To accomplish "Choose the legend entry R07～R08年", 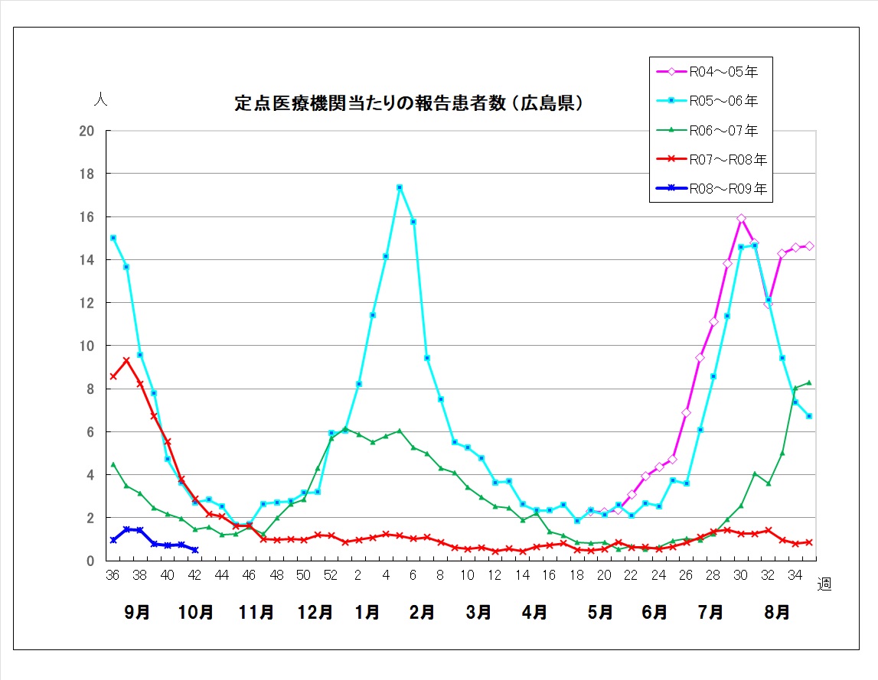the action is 711,160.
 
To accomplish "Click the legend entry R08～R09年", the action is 711,189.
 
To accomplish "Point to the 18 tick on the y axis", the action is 86,174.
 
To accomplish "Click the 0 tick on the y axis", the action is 91,561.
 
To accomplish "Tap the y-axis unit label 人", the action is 101,99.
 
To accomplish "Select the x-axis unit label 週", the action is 824,584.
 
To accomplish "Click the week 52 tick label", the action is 331,575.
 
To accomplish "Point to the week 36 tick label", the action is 113,575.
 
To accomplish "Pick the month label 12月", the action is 315,612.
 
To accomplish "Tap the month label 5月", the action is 599,612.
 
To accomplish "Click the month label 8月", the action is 777,612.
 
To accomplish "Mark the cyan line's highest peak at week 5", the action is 400,187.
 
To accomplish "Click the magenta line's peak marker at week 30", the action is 741,218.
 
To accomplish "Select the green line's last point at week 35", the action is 809,382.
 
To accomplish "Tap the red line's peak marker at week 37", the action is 126,361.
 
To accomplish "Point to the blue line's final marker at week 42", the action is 195,550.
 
